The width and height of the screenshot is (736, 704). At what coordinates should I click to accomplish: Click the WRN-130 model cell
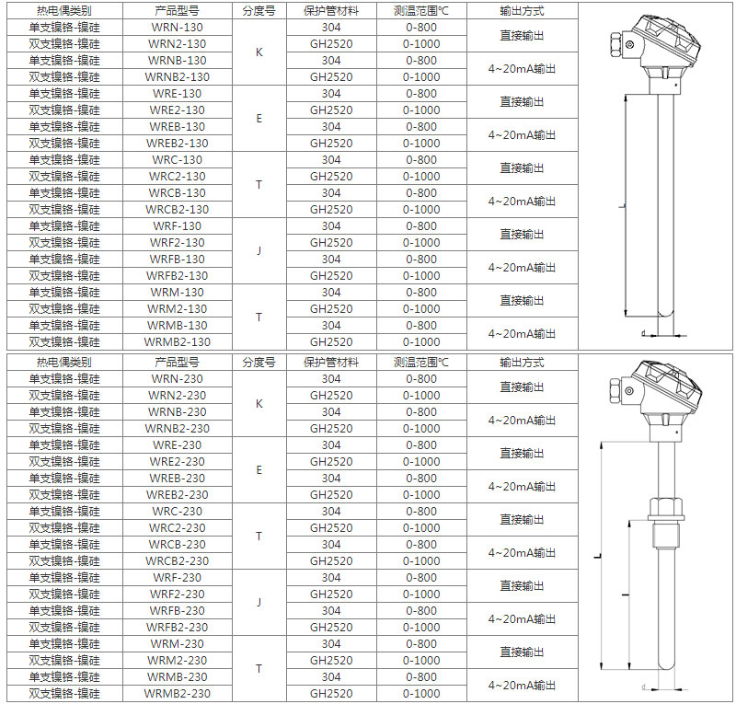pyautogui.click(x=178, y=28)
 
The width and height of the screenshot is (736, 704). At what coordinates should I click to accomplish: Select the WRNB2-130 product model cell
pyautogui.click(x=178, y=77)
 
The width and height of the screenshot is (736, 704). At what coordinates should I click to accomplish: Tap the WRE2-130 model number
pyautogui.click(x=178, y=110)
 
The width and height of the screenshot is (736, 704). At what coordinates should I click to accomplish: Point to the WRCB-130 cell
pyautogui.click(x=178, y=193)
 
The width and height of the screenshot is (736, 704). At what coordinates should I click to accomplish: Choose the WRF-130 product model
pyautogui.click(x=178, y=226)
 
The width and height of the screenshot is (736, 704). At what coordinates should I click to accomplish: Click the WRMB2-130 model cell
pyautogui.click(x=178, y=342)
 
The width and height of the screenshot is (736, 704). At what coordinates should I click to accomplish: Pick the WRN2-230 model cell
pyautogui.click(x=178, y=396)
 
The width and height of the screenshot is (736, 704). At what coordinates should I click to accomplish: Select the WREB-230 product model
pyautogui.click(x=178, y=479)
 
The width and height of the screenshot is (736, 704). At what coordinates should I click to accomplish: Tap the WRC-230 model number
pyautogui.click(x=178, y=512)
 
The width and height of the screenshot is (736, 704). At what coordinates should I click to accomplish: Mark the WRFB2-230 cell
pyautogui.click(x=178, y=628)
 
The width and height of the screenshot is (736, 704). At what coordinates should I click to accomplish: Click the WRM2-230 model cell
pyautogui.click(x=178, y=661)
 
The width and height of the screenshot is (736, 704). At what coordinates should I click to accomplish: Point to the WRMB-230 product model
pyautogui.click(x=178, y=677)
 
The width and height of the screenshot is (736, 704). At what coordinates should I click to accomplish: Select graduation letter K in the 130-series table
pyautogui.click(x=259, y=52)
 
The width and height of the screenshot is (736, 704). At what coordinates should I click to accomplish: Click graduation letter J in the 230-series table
pyautogui.click(x=259, y=603)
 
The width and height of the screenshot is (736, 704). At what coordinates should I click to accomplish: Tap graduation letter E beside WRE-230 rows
pyautogui.click(x=259, y=470)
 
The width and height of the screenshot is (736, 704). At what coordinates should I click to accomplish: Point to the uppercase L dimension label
pyautogui.click(x=598, y=557)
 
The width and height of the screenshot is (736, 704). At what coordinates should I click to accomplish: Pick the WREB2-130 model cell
pyautogui.click(x=178, y=144)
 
